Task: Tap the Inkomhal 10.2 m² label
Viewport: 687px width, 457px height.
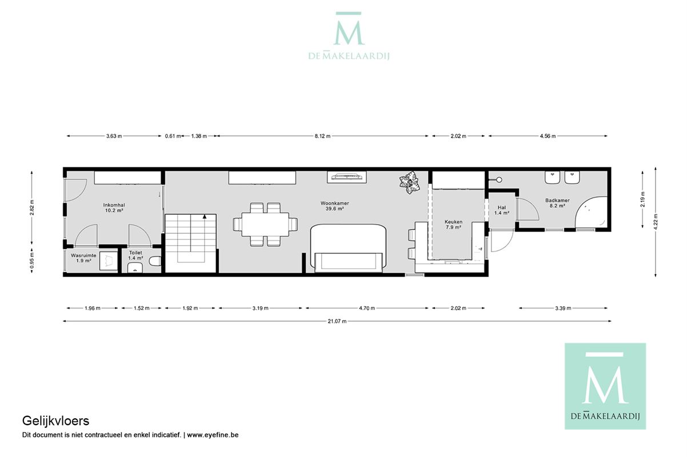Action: tap(114, 207)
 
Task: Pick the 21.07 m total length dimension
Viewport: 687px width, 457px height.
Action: tap(337, 321)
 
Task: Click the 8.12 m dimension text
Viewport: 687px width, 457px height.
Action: tap(323, 136)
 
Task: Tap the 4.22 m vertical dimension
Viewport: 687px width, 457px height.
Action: tap(656, 222)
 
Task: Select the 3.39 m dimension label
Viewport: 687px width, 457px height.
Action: tap(563, 308)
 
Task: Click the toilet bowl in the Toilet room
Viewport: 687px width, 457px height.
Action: tap(155, 261)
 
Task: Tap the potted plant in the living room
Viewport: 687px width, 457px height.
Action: tap(410, 182)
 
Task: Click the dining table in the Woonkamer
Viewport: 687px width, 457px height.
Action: tap(265, 225)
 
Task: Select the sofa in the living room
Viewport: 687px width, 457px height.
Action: tap(349, 248)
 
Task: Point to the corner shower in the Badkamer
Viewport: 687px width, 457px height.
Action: tap(591, 213)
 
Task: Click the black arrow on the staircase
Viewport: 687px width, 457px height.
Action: tap(205, 217)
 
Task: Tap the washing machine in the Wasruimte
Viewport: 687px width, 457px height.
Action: tap(108, 261)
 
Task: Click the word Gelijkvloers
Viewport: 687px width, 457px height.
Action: tap(55, 421)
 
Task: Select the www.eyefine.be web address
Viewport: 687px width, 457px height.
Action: tap(213, 435)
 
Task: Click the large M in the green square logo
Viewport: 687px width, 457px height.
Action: tap(605, 384)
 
